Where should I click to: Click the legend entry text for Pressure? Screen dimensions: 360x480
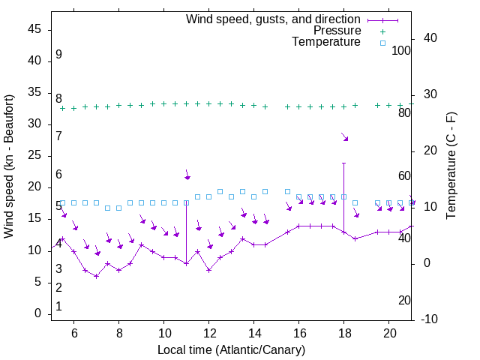[x=337, y=31]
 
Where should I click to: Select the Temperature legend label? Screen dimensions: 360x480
[x=326, y=43]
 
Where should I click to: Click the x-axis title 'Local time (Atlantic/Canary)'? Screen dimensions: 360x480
[x=231, y=350]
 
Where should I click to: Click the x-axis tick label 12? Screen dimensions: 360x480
[x=209, y=332]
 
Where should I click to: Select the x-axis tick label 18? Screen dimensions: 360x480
[x=344, y=332]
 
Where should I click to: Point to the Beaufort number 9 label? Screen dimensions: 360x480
[x=58, y=55]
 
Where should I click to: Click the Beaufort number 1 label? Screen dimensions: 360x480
[x=58, y=307]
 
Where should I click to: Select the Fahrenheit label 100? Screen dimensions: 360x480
[x=402, y=50]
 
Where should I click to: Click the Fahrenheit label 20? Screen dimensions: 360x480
[x=404, y=300]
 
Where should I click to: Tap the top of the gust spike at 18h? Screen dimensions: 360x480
[x=344, y=163]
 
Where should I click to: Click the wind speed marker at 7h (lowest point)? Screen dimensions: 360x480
[x=96, y=276]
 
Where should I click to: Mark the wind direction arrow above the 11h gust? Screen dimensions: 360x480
[x=187, y=175]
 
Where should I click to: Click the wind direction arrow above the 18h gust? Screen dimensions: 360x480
[x=345, y=137]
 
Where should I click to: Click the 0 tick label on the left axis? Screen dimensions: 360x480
[x=38, y=313]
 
